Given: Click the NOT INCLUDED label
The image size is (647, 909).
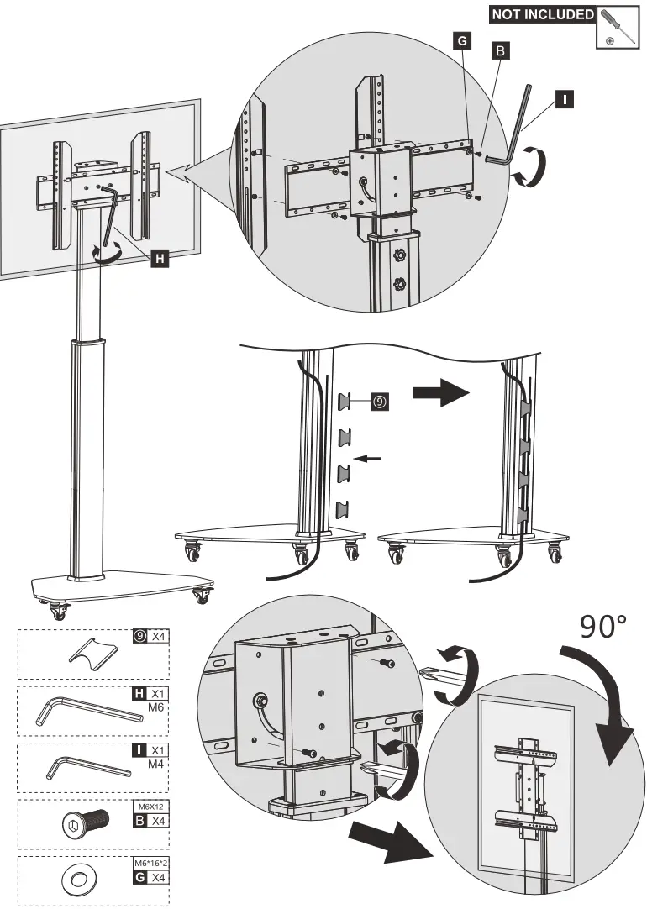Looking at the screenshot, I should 542,14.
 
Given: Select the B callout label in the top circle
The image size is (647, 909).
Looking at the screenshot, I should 498,50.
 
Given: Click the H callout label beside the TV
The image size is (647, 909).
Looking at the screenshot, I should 160,259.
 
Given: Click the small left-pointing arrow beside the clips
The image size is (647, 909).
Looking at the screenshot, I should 369,458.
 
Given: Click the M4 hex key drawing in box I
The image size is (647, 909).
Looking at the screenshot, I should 88,767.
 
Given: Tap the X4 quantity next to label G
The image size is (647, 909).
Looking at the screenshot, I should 158,875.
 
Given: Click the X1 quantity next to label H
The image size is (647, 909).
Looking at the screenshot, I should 158,694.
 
